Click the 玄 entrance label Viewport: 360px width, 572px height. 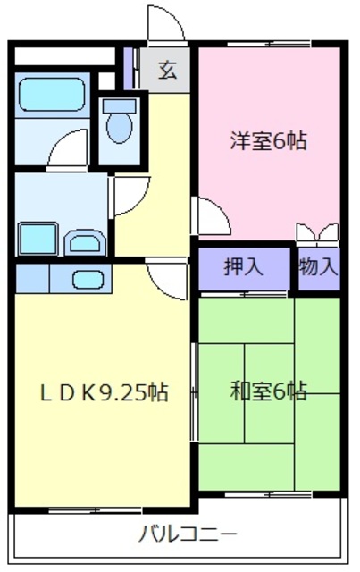pyautogui.click(x=167, y=70)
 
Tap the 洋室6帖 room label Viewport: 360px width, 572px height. pyautogui.click(x=268, y=141)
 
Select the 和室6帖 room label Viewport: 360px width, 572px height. pyautogui.click(x=268, y=391)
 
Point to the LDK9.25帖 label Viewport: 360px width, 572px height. pyautogui.click(x=104, y=392)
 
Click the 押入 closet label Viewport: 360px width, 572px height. pyautogui.click(x=243, y=267)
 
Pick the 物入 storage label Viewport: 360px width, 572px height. pyautogui.click(x=319, y=267)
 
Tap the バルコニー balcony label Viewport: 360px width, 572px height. pyautogui.click(x=188, y=534)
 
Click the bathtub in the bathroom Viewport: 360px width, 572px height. pyautogui.click(x=52, y=94)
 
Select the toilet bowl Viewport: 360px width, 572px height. pyautogui.click(x=120, y=127)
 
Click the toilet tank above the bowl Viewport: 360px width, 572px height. pyautogui.click(x=120, y=105)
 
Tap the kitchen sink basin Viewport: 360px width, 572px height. pyautogui.click(x=88, y=280)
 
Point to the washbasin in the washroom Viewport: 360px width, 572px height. pyautogui.click(x=85, y=242)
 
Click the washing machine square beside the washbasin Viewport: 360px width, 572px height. pyautogui.click(x=38, y=239)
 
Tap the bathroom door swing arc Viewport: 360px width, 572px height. pyautogui.click(x=68, y=149)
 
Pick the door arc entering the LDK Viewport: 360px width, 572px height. pyautogui.click(x=166, y=279)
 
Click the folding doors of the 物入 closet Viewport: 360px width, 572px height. pyautogui.click(x=318, y=232)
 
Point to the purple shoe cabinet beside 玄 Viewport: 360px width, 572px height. pyautogui.click(x=128, y=69)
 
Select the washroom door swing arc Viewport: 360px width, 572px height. pyautogui.click(x=131, y=196)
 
